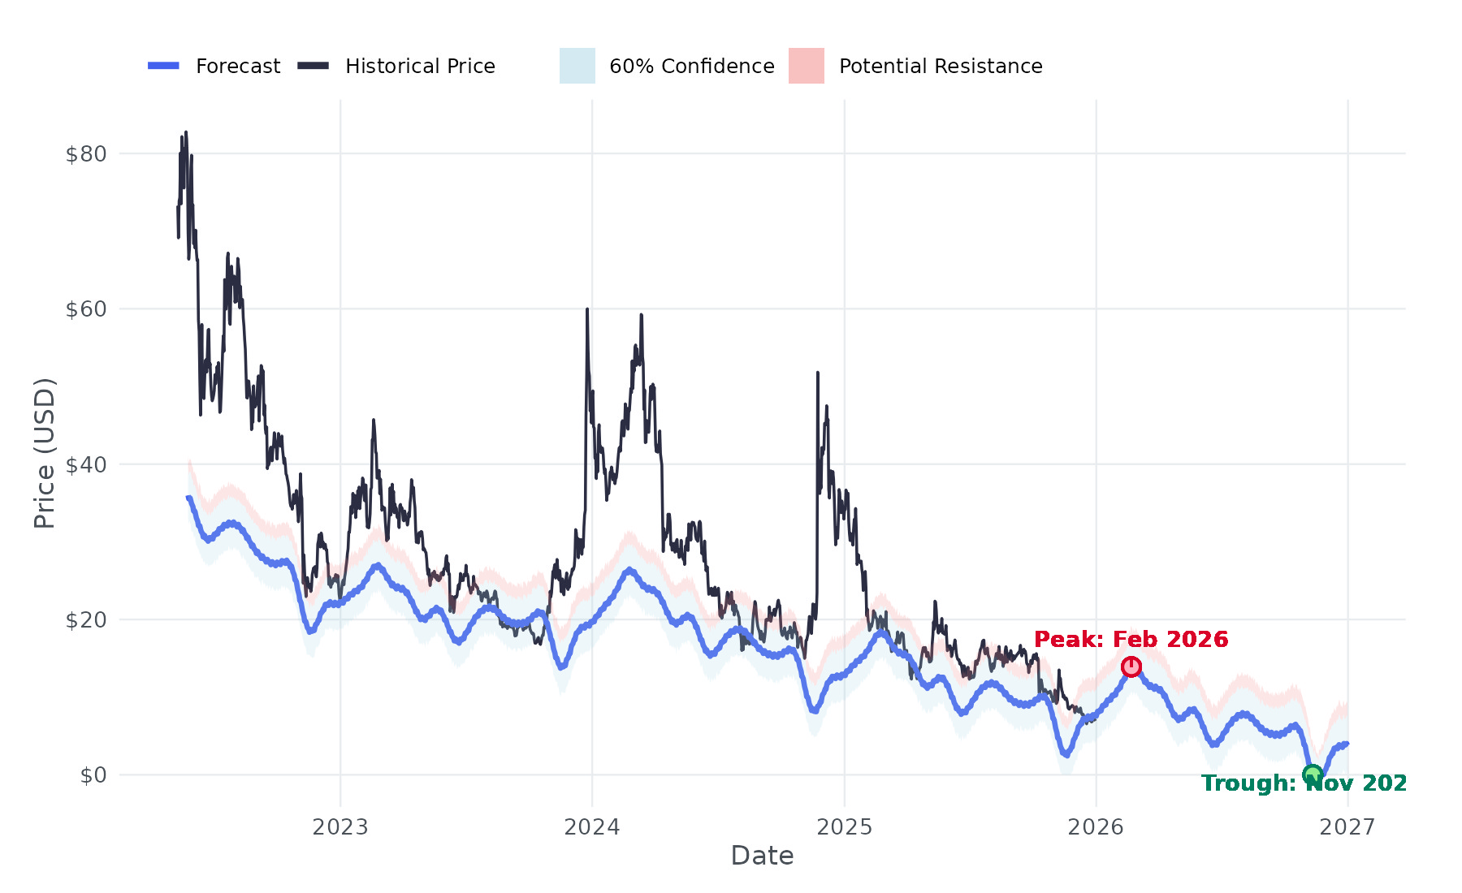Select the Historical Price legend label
420,67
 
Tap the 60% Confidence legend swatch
577,66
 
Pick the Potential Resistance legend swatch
806,66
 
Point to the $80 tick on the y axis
86,153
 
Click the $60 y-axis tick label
86,309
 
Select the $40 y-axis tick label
86,464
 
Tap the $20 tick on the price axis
86,619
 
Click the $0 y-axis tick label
93,775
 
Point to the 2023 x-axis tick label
340,827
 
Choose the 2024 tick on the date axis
592,827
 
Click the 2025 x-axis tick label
844,827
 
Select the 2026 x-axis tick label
1096,827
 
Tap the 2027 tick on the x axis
1347,827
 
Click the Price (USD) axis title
45,453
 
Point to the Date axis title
762,856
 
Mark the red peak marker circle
1131,667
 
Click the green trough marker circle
1312,774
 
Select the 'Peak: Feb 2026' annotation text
1131,640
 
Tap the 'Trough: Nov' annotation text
1304,783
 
